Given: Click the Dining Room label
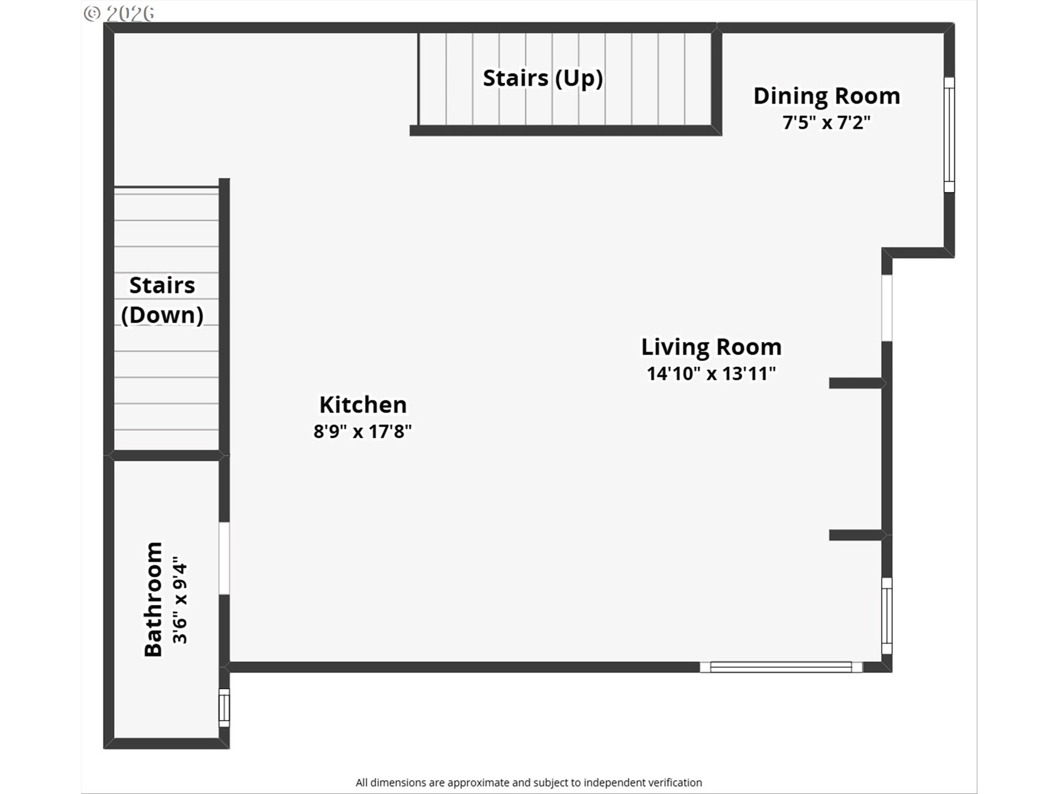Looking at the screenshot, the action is tap(827, 96).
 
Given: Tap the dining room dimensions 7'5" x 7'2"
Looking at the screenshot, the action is tap(827, 122).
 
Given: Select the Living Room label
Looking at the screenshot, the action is tap(712, 347).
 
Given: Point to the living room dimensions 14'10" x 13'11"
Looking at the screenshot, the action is tap(712, 374).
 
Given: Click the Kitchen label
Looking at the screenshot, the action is tap(363, 405).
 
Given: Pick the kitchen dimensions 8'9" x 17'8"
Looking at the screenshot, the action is tap(363, 431).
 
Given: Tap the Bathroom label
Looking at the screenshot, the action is tap(153, 599).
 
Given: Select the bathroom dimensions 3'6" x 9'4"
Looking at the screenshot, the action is tap(180, 604).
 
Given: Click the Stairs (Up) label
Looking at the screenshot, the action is tap(543, 78).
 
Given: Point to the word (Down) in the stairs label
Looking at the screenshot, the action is tap(162, 315).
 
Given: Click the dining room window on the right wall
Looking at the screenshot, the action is tap(949, 135).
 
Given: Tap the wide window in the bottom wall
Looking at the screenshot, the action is tap(781, 667).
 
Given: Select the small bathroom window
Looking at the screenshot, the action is tap(224, 708).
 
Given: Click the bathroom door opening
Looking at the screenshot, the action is tap(224, 559).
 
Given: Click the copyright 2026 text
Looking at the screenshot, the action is tap(119, 13).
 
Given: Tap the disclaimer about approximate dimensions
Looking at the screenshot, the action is tap(529, 782).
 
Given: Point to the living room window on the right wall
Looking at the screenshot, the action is tap(886, 616).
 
